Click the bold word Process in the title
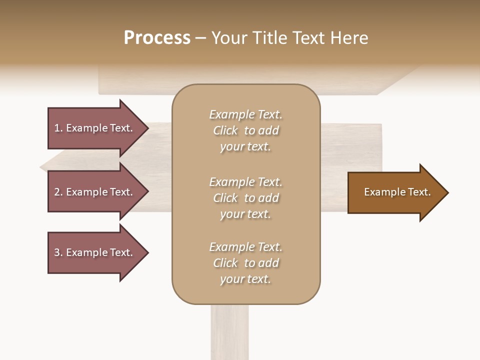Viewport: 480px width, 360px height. pos(157,38)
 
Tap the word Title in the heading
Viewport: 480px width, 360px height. pos(270,38)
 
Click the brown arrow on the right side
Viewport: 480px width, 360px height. pos(395,192)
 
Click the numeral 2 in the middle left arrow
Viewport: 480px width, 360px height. pos(57,192)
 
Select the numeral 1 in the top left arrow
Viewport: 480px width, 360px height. pos(57,128)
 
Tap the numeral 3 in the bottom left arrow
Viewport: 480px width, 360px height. pos(57,252)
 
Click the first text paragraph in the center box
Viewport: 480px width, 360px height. pos(245,130)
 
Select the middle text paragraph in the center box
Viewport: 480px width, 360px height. pos(245,198)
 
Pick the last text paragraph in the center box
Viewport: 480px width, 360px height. pos(245,263)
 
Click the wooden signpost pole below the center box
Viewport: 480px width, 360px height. pos(229,332)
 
